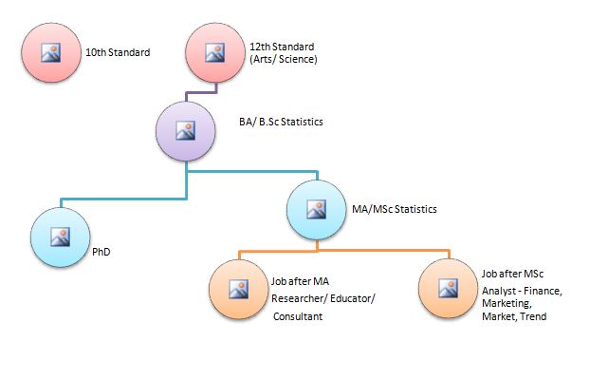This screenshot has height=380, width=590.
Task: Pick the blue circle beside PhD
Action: tap(60, 237)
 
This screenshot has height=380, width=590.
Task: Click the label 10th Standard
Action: tap(118, 52)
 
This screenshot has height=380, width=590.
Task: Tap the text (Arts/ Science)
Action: tap(284, 60)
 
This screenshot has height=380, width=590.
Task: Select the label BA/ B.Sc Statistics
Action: tap(282, 122)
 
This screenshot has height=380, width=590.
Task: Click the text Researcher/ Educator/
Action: tap(323, 298)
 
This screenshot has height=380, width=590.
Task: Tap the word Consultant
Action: tap(298, 316)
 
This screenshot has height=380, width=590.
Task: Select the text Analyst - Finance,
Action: tap(523, 290)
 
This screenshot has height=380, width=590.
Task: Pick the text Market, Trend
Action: tap(514, 316)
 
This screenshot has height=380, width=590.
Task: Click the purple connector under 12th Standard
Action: tap(201, 93)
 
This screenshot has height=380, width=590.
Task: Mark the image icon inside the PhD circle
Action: tap(60, 237)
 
